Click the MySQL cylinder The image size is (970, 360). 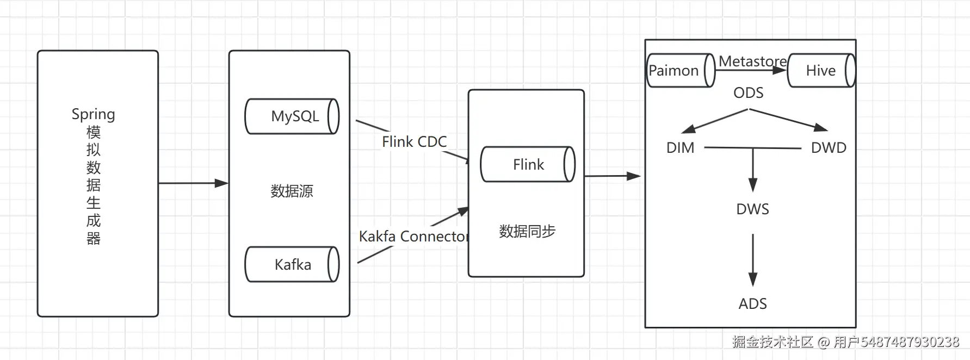[292, 116]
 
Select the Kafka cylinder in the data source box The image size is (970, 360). [292, 264]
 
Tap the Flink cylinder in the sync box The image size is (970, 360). [528, 164]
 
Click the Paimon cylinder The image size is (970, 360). [680, 70]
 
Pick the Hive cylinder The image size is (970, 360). [821, 70]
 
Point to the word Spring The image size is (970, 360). [93, 114]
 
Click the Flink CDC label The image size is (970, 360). [414, 142]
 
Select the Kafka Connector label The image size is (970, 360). [413, 237]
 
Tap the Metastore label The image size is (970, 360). [752, 61]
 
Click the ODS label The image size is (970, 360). [748, 93]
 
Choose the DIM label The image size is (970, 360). [680, 148]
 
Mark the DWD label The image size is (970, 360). [829, 148]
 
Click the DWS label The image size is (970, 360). [752, 209]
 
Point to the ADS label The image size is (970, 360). [752, 304]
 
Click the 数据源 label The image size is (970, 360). [292, 191]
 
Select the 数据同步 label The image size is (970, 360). [527, 231]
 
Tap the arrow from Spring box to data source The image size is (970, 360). [193, 183]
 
